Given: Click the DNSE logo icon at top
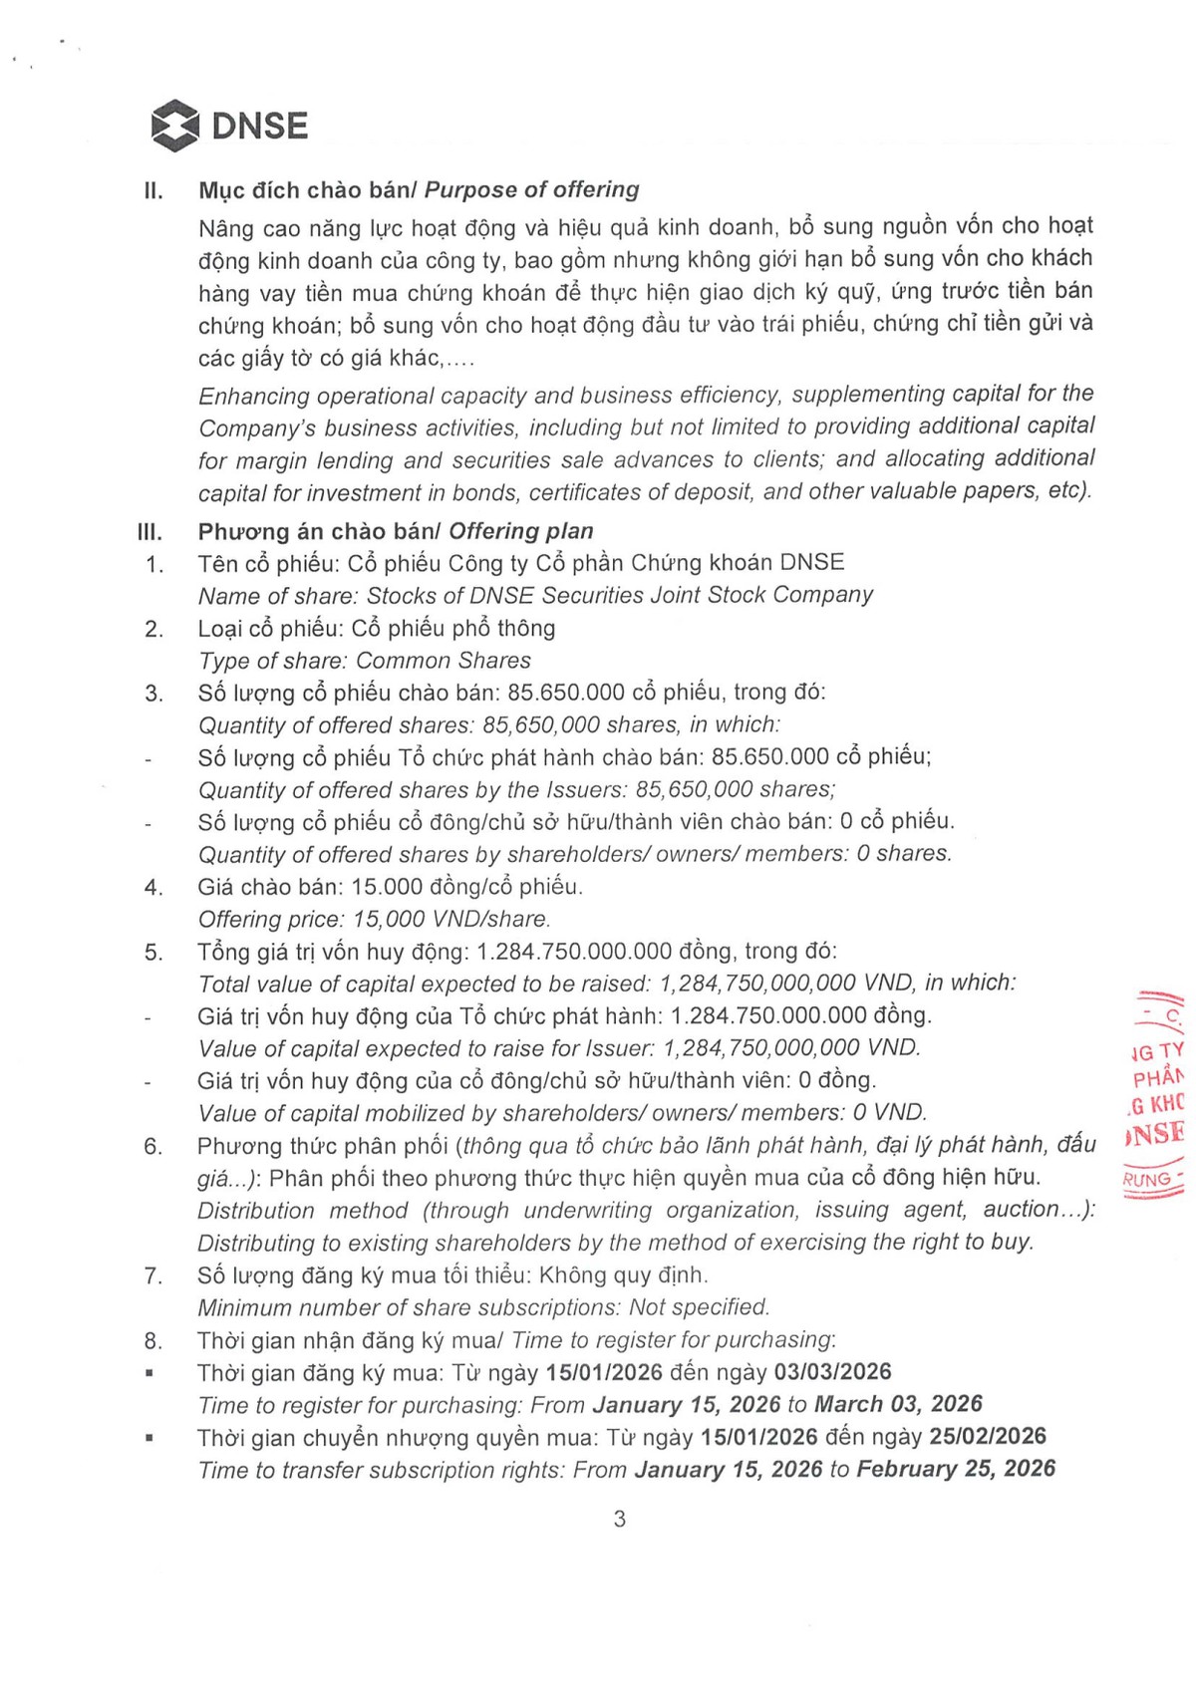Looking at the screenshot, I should pos(174,126).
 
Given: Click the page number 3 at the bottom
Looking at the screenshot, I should pos(619,1519).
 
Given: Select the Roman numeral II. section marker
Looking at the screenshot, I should pos(153,190).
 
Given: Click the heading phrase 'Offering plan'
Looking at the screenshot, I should pos(521,531).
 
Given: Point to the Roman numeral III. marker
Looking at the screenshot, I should pos(150,532).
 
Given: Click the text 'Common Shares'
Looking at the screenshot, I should pos(444,661).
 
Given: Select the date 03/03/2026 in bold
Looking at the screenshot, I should pos(832,1372).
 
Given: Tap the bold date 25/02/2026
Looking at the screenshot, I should pos(988,1436).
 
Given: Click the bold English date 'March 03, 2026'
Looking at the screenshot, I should pos(898,1404).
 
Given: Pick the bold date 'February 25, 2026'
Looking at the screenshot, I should pos(956,1469).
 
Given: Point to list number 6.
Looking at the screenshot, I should pos(152,1146).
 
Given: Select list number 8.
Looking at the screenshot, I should pos(152,1341).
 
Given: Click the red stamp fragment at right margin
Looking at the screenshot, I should pos(1156,1096).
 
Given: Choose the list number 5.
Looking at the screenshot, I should pos(153,953).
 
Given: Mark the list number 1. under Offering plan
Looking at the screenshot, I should pos(153,565).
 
